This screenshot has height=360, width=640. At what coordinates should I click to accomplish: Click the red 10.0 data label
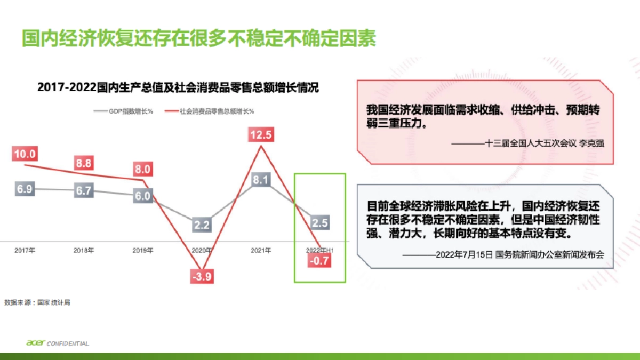pos(25,155)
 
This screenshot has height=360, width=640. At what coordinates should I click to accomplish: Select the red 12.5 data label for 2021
pos(261,135)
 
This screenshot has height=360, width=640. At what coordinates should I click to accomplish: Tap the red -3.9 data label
pos(202,277)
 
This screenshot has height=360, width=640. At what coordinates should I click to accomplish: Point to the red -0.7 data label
pos(319,260)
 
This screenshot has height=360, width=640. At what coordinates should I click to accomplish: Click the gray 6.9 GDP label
pos(25,189)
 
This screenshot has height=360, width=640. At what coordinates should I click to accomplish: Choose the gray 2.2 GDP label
pos(202,225)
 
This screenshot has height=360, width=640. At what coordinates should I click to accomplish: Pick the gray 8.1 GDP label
pos(261,180)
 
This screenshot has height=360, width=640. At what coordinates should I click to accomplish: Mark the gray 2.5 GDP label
pos(319,222)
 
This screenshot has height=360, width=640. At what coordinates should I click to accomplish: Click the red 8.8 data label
pos(84,163)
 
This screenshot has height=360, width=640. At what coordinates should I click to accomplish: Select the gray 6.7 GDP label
pos(84,191)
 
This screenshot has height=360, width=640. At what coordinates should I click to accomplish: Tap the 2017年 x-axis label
pos(25,250)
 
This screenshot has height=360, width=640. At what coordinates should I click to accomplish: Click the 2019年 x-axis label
pos(143,250)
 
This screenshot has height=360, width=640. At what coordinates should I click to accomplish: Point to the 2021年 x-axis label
pos(261,250)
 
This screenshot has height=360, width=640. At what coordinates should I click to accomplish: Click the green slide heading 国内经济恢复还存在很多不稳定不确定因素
pos(199,39)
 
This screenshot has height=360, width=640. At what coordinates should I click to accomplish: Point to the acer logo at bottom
pos(36,343)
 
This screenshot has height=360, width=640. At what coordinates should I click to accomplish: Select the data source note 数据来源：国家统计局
pos(37,302)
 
